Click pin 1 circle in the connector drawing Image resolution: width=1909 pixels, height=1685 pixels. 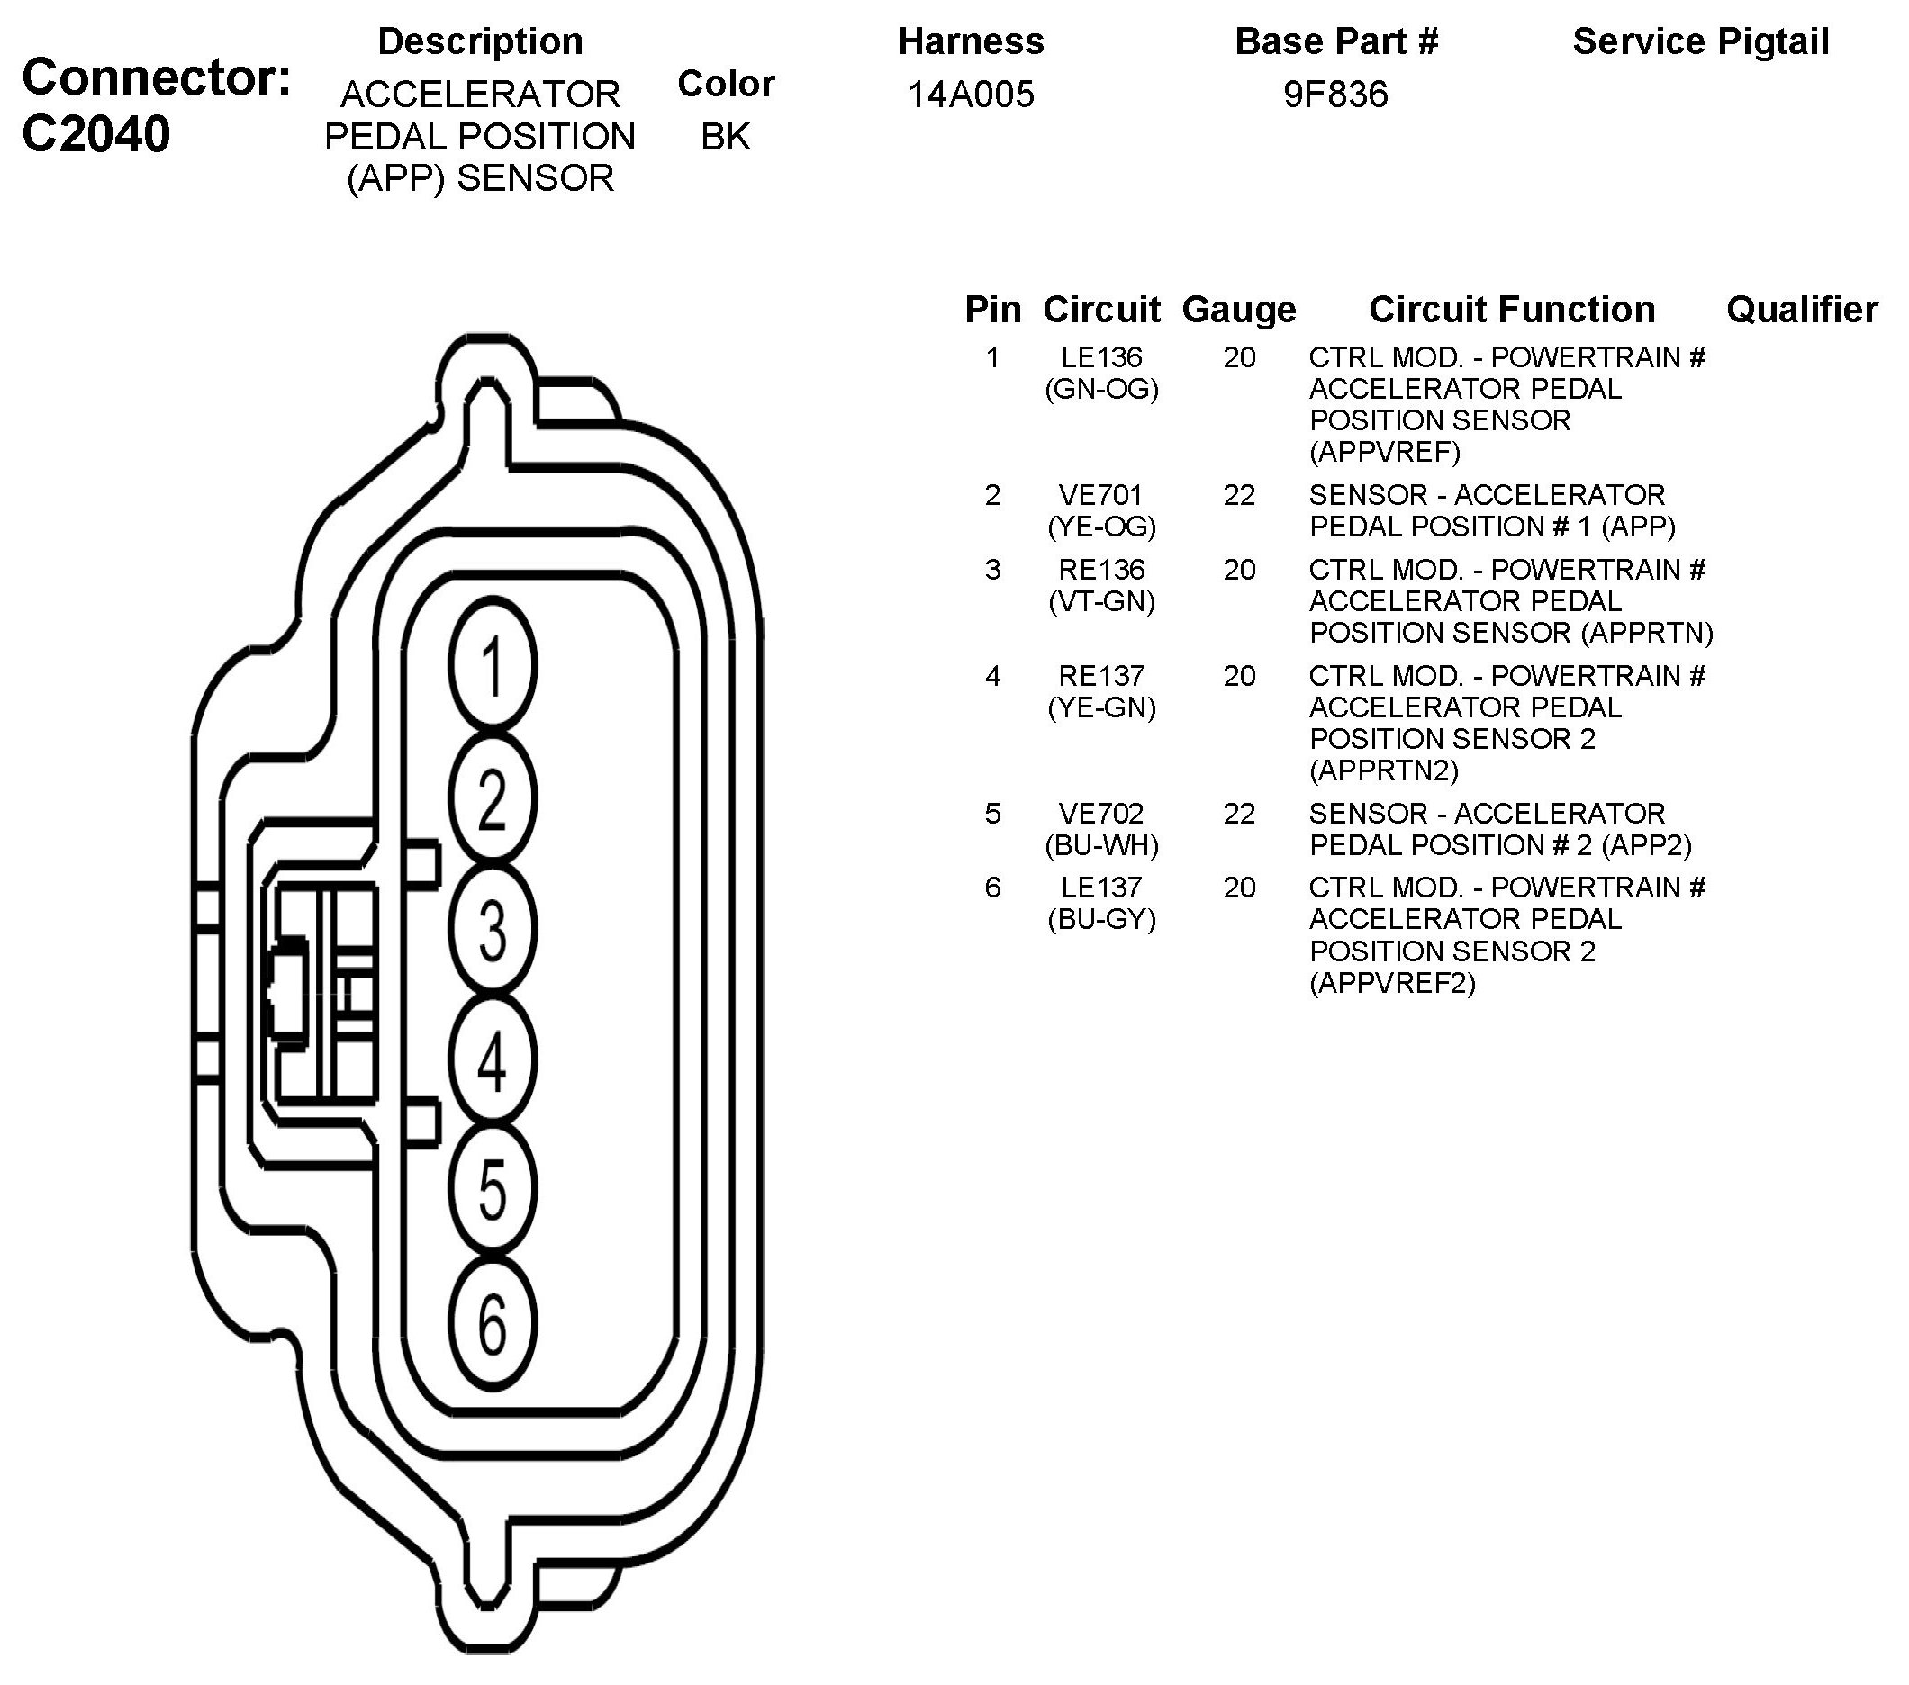493,665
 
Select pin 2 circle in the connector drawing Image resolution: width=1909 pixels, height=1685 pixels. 493,798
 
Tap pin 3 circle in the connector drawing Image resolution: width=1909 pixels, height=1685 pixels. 493,930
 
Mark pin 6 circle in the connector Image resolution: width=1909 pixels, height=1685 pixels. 493,1324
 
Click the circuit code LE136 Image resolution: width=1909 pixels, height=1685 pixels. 1101,357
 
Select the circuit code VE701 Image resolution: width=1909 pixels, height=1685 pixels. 1101,495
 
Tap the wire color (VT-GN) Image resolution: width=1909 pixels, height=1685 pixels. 1101,601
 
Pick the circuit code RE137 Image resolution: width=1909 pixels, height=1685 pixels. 1101,676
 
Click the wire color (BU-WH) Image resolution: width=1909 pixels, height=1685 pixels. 1101,845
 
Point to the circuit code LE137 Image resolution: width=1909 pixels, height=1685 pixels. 1101,888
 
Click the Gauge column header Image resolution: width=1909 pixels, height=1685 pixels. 1238,310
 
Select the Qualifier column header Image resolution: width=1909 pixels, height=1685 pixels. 1802,310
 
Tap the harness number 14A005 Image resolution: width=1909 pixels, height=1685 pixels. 971,95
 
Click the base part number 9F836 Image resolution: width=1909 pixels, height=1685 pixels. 1335,95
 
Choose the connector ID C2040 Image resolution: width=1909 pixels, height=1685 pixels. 95,133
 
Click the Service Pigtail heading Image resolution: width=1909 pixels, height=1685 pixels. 1700,42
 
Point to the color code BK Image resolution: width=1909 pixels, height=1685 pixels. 726,136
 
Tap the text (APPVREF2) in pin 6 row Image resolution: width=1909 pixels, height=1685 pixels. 1391,983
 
